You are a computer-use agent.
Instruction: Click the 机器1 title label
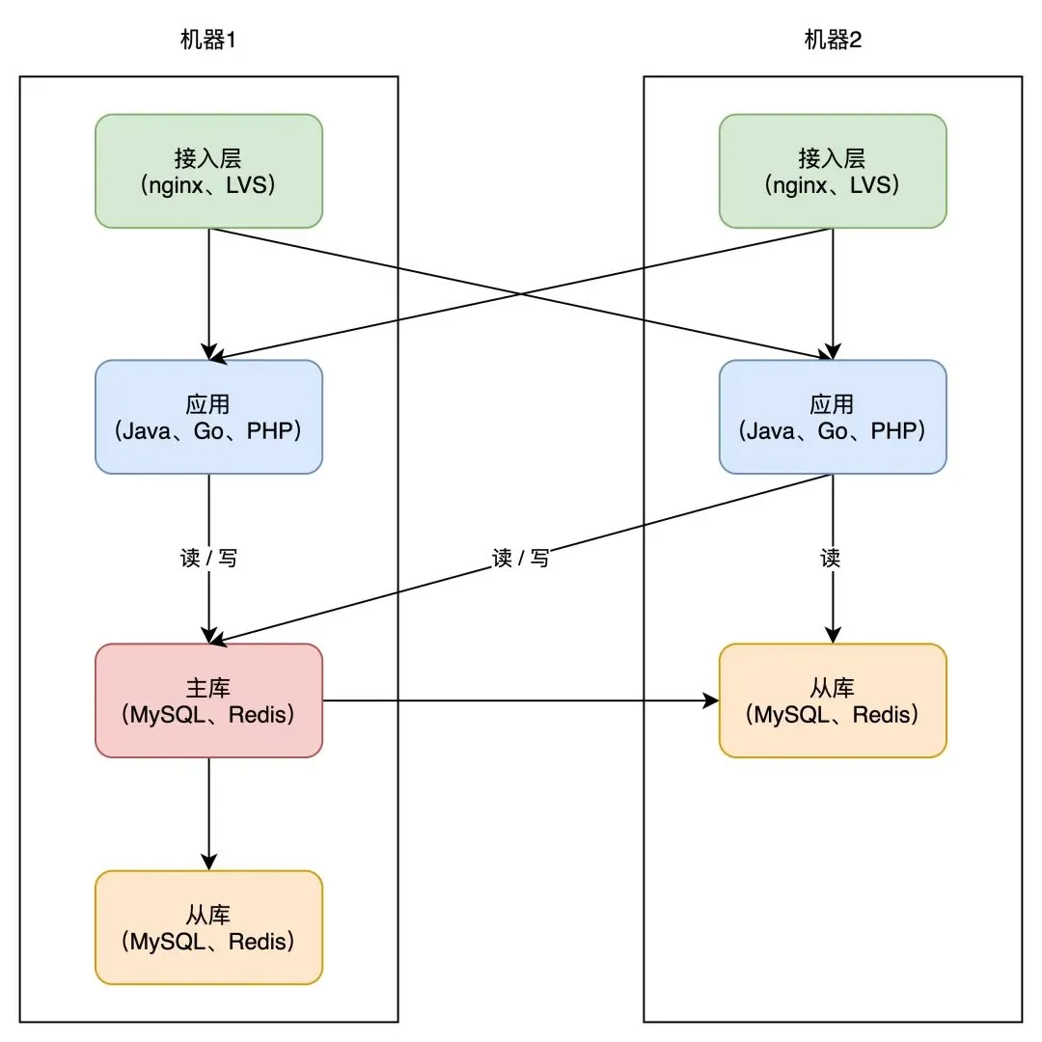tap(207, 40)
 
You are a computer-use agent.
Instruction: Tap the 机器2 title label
tap(832, 40)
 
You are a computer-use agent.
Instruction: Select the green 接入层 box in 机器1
tap(208, 171)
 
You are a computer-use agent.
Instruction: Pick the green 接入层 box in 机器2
tap(833, 171)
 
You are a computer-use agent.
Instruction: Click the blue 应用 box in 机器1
tap(208, 417)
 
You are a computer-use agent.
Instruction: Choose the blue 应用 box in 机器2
tap(833, 417)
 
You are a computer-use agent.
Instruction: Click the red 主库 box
tap(208, 700)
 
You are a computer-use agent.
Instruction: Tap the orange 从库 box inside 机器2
tap(833, 700)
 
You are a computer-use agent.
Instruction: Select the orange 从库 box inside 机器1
tap(208, 927)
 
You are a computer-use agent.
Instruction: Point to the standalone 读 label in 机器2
tap(831, 558)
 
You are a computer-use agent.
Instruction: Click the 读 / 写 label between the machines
tap(521, 558)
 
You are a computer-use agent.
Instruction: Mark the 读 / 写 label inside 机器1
tap(208, 558)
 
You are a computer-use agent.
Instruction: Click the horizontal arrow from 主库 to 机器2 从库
tap(521, 700)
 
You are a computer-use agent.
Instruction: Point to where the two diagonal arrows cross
tap(521, 293)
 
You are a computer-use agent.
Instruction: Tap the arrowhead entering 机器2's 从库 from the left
tap(712, 700)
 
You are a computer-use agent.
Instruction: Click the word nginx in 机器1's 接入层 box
tap(172, 184)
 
